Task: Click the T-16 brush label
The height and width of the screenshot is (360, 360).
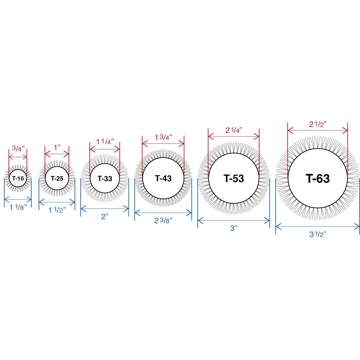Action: (18, 179)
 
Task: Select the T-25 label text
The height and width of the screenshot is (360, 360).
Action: (57, 179)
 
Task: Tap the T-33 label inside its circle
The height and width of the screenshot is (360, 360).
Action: (105, 179)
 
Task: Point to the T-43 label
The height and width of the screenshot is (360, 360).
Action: (163, 178)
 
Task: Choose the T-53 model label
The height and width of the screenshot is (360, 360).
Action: (234, 179)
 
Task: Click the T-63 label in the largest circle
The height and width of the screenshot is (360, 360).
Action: (318, 179)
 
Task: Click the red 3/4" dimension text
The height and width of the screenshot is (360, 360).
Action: (18, 149)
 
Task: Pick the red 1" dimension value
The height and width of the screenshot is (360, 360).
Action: (57, 147)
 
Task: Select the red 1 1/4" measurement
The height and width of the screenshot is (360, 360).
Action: (105, 141)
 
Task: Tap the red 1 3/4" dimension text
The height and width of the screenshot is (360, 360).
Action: (163, 137)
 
